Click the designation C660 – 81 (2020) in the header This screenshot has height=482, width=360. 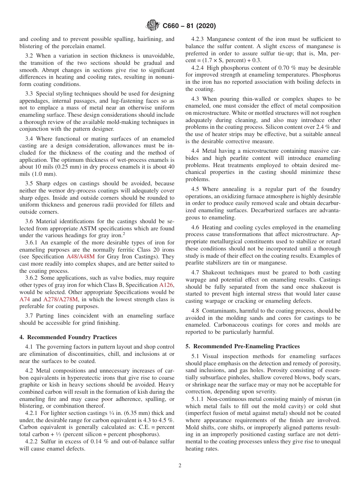coord(189,26)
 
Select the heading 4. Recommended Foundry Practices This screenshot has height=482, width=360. coord(68,337)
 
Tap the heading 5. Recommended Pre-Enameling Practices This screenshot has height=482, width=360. coord(242,346)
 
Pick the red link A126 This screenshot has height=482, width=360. coord(167,285)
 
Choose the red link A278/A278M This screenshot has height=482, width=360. coord(61,299)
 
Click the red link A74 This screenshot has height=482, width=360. coord(25,299)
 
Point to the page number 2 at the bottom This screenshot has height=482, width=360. coord(180,466)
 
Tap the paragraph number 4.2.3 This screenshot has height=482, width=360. coord(198,39)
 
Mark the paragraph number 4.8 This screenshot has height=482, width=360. coord(195,311)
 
